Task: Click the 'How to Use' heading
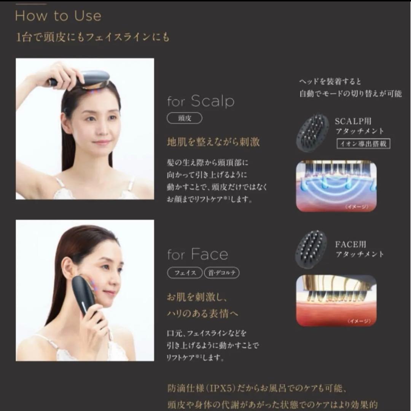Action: (x=58, y=16)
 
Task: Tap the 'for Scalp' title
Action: (x=201, y=101)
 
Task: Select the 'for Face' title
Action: (x=198, y=254)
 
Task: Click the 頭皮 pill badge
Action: (x=185, y=119)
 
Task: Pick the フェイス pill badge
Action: (x=185, y=273)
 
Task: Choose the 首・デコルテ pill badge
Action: (x=221, y=273)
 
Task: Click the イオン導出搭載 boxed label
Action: (x=364, y=143)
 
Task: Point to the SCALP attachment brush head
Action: (x=312, y=133)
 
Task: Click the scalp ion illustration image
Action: (x=336, y=186)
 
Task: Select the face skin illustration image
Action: (x=336, y=301)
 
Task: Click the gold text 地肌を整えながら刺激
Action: (x=213, y=142)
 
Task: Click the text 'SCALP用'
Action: (x=353, y=121)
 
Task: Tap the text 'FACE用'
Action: (x=350, y=244)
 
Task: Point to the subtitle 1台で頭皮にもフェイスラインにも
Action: (x=92, y=37)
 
